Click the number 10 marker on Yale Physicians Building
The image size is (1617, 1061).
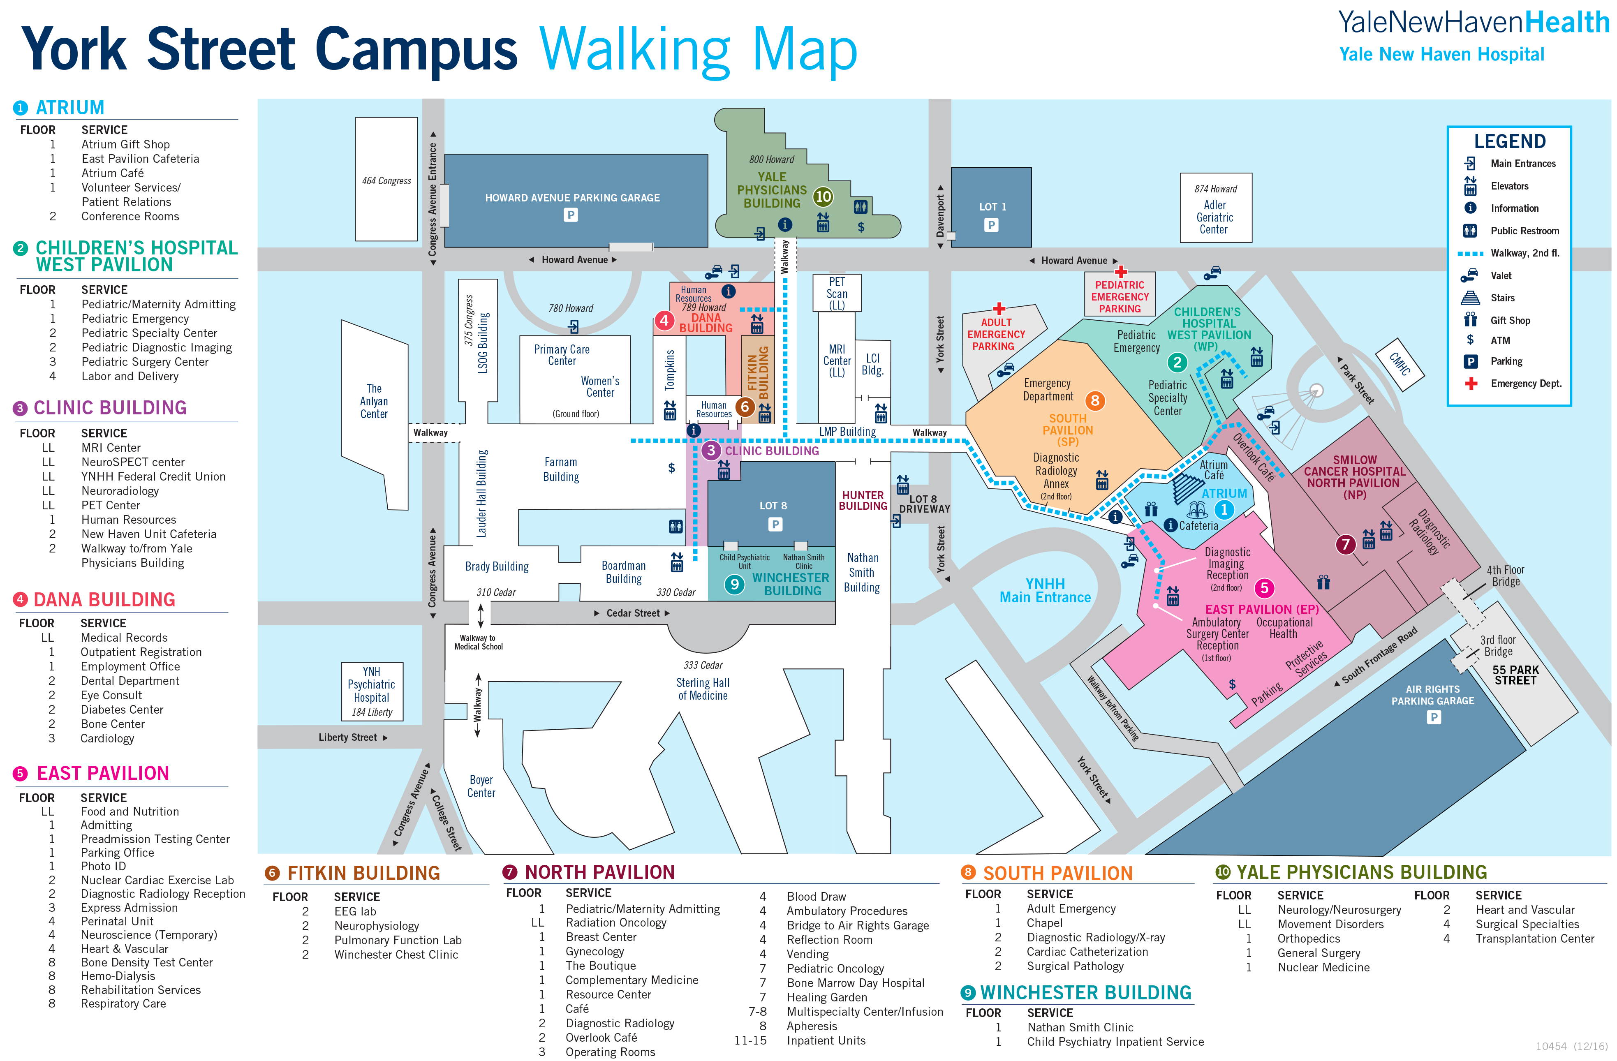(823, 197)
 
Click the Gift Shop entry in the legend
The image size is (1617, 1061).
(1510, 320)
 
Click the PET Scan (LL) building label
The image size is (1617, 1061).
(837, 294)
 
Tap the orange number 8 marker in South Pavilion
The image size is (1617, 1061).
(1094, 401)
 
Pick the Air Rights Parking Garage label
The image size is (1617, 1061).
(1432, 695)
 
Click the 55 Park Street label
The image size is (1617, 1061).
(1515, 675)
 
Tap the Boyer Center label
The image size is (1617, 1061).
(481, 786)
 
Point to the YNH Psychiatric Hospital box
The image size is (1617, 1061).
(372, 691)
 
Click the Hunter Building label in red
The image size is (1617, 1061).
(863, 501)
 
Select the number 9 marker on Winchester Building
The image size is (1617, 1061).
(734, 584)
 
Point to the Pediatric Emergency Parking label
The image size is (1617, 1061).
(1120, 297)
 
